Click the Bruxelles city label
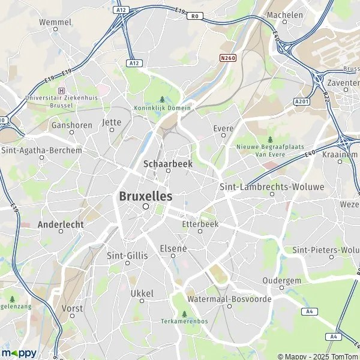tap(145, 196)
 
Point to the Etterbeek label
tap(200, 224)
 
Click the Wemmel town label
tap(55, 22)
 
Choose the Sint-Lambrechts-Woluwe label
tap(272, 187)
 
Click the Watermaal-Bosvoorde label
tap(229, 299)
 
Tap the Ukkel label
tap(142, 293)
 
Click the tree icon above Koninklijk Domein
tap(162, 100)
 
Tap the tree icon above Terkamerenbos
tap(184, 313)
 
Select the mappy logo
tap(19, 353)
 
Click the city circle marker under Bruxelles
tap(145, 206)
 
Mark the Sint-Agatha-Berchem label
tap(41, 151)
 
